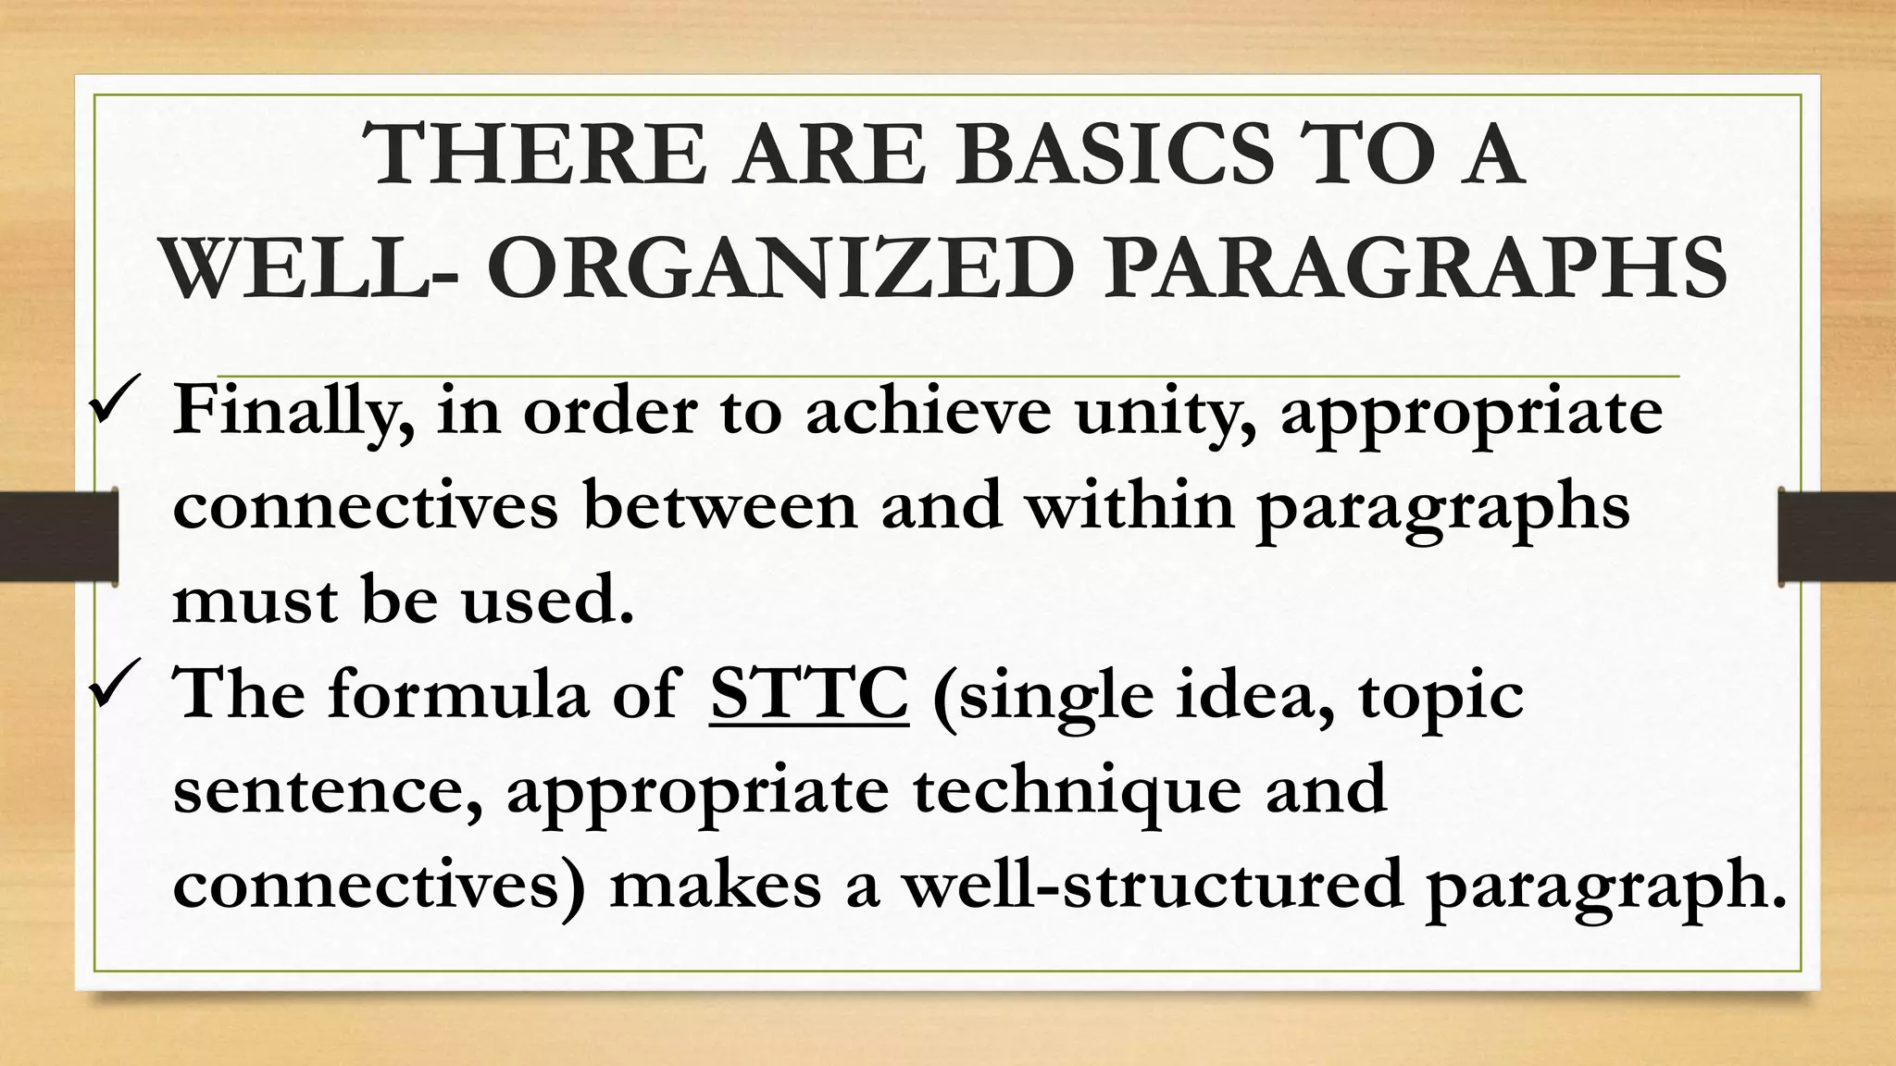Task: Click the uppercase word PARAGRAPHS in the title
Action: [1416, 268]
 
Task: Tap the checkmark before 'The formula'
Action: [113, 682]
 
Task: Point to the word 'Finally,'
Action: [293, 412]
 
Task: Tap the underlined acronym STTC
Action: [809, 694]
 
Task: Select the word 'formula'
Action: [457, 694]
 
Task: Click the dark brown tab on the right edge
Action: [1837, 537]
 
